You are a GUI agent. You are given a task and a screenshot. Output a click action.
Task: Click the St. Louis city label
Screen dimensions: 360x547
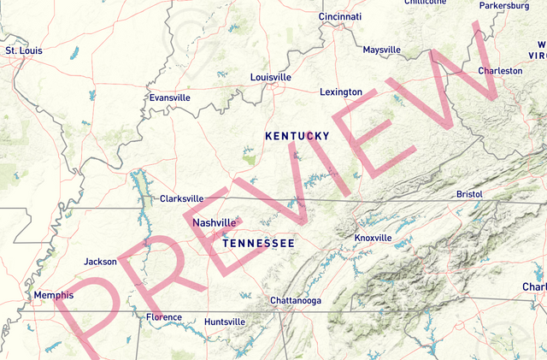[x=24, y=50]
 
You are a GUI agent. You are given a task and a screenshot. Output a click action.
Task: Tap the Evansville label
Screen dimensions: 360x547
[x=169, y=97]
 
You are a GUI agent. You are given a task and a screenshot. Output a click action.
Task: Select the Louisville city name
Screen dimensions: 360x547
[x=271, y=77]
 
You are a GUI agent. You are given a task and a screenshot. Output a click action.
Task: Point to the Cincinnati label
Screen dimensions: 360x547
[x=340, y=17]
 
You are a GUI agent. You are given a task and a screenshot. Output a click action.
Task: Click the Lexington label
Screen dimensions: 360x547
[x=341, y=91]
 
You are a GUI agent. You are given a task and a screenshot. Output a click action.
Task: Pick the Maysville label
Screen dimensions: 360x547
[x=381, y=50]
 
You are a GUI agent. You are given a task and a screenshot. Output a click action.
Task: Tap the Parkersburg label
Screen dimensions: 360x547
[x=504, y=5]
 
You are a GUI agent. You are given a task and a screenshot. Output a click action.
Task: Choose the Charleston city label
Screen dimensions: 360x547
[x=500, y=71]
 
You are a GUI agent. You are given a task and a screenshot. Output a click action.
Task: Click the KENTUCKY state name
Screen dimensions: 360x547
[x=297, y=136]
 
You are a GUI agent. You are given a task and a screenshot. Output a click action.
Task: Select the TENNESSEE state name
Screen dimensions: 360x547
[x=258, y=244]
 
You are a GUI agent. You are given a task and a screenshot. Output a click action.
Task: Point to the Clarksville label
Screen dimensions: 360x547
[x=182, y=198]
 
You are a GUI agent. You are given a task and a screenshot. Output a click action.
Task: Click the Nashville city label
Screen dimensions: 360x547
[x=214, y=223]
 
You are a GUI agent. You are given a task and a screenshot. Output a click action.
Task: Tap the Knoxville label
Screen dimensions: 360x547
[x=373, y=238]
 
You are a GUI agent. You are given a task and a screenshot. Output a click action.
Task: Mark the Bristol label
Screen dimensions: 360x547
[x=470, y=194]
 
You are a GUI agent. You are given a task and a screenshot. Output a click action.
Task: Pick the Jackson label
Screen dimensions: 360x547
[x=101, y=262]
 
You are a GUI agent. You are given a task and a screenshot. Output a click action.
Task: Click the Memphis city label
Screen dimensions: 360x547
[x=54, y=296]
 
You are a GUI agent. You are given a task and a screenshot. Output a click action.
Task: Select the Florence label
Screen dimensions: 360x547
[x=164, y=317]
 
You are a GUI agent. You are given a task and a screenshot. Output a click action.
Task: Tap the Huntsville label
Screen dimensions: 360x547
[x=225, y=322]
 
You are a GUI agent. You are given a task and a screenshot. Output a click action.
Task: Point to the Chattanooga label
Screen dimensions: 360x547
[x=296, y=301]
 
